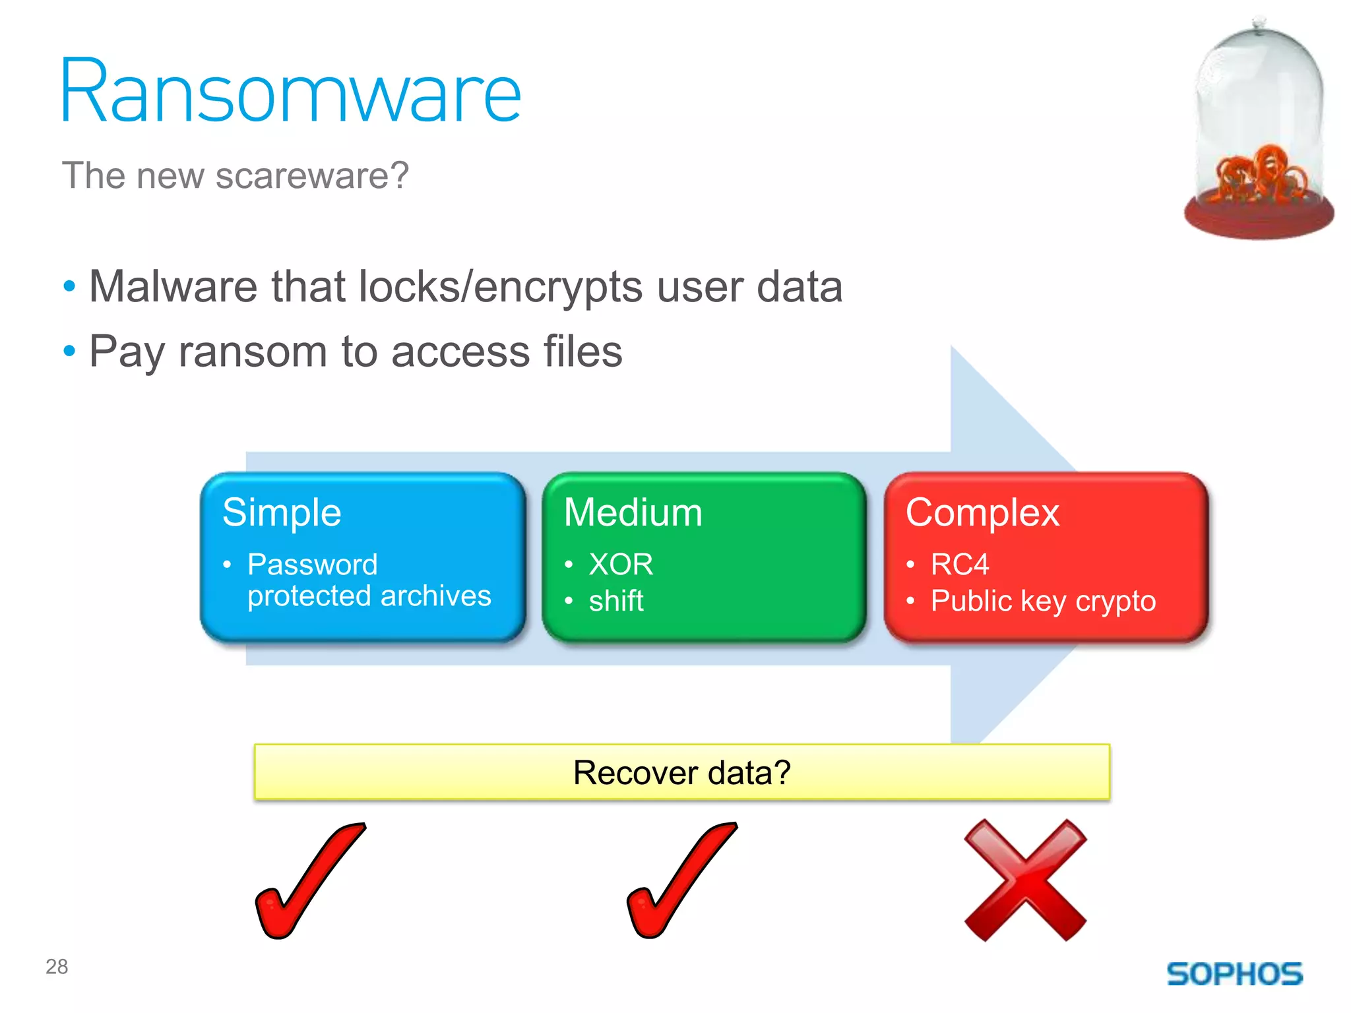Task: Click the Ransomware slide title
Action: [290, 92]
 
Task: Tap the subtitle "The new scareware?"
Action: [236, 176]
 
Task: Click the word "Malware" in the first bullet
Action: [173, 287]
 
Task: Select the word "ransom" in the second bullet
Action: [253, 351]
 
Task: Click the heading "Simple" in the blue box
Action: [282, 512]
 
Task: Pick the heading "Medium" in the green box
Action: [633, 512]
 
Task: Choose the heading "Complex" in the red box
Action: [982, 512]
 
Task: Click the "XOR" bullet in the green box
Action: [621, 565]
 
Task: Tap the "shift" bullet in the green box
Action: [616, 601]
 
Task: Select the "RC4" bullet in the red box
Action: [960, 565]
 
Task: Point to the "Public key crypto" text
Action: [1043, 601]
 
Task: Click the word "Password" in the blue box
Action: [313, 565]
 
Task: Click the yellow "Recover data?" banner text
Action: [681, 772]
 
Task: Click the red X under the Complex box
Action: [1024, 880]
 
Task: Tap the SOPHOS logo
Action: [1234, 974]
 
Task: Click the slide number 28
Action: [57, 967]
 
